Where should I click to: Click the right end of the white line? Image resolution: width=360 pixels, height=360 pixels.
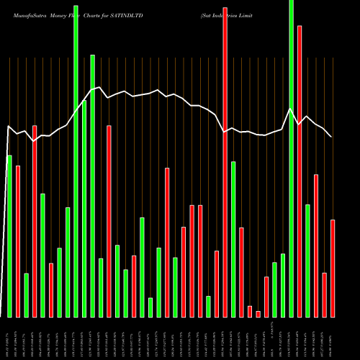[331, 136]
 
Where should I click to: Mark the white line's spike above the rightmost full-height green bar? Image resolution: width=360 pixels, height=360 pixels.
[290, 109]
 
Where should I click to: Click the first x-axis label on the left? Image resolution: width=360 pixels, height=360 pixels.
[9, 338]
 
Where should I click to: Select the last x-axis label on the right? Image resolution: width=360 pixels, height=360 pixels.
[333, 338]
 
